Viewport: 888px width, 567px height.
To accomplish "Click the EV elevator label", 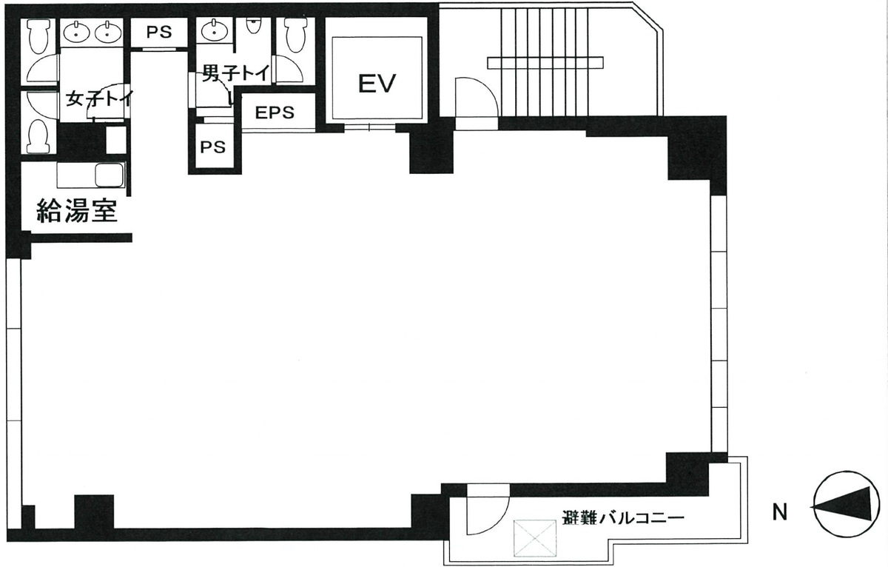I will point(377,83).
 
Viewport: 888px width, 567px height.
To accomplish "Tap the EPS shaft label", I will point(275,113).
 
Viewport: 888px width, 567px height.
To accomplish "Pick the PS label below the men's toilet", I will point(212,147).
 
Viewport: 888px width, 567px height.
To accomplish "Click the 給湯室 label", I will point(77,212).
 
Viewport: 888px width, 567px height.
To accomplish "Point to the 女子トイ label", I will point(98,98).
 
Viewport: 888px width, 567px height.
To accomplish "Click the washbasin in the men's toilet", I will point(215,31).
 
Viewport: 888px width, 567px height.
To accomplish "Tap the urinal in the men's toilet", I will point(255,25).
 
